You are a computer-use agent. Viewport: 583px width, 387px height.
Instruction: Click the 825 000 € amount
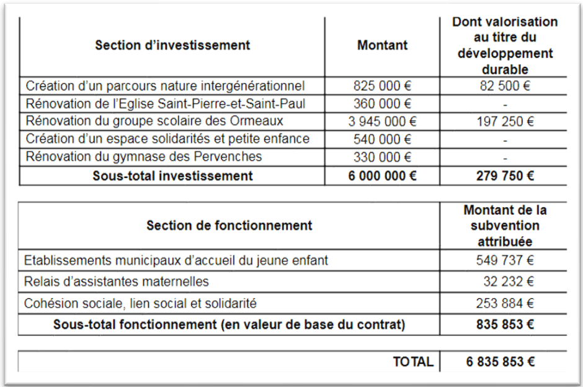click(382, 86)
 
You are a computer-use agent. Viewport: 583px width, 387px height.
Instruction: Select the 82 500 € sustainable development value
click(502, 86)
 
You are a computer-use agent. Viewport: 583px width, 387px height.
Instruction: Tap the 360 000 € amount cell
click(382, 103)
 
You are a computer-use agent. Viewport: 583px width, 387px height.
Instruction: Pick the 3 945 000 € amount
click(382, 121)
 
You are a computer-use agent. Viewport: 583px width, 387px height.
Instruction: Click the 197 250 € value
click(502, 121)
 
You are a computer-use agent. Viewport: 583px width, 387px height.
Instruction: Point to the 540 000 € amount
click(382, 139)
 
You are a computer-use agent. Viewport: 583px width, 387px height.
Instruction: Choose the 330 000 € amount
click(382, 157)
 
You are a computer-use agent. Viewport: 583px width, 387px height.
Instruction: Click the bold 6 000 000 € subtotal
click(382, 176)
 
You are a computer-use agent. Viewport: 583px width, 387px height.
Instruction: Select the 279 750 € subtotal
click(502, 176)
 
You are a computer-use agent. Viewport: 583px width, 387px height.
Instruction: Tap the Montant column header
click(382, 45)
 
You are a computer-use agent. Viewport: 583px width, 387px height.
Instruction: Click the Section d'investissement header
click(172, 45)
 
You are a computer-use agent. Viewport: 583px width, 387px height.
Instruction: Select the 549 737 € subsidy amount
click(504, 260)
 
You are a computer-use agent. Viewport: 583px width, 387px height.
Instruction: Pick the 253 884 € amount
click(504, 304)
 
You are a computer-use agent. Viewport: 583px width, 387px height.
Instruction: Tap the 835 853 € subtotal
click(504, 324)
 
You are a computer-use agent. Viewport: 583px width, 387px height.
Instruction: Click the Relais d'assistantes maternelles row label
click(117, 282)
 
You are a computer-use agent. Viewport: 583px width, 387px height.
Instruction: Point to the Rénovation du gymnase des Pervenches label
click(143, 157)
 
